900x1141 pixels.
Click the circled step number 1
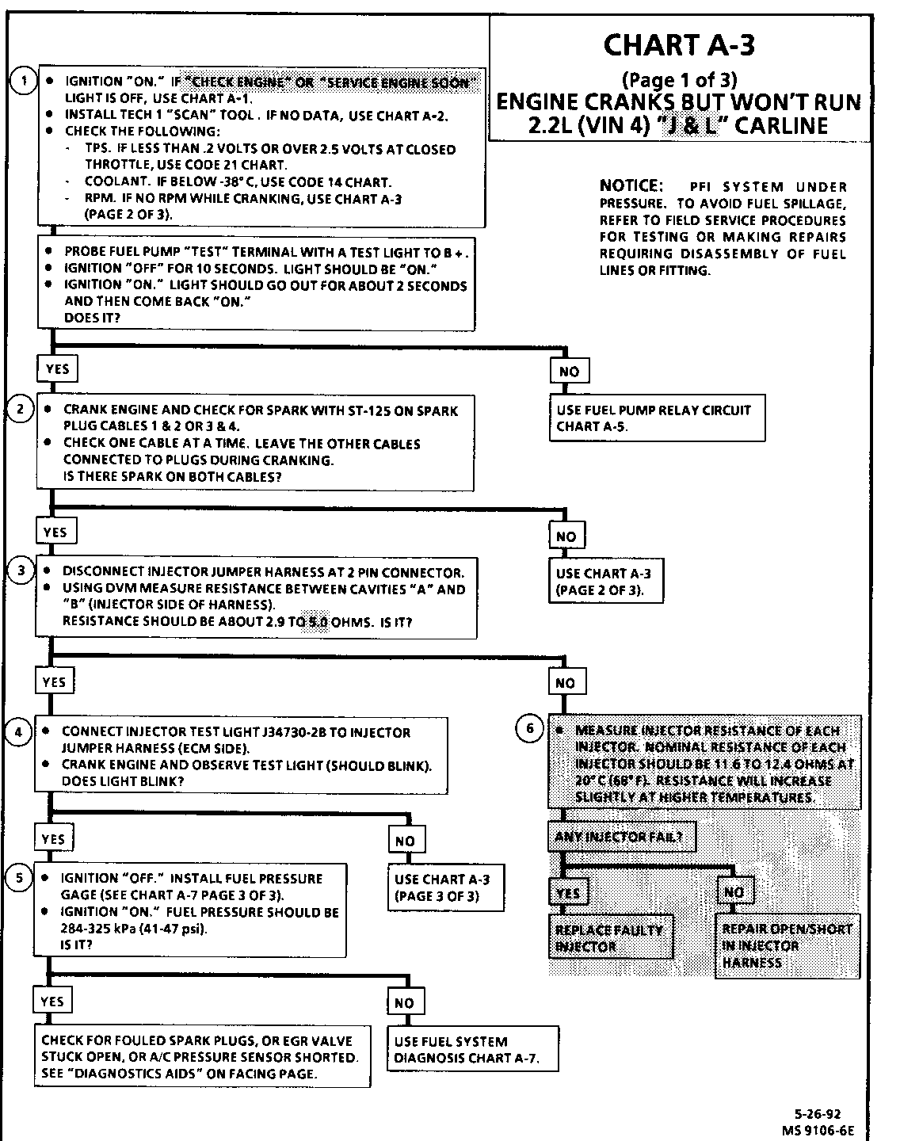click(25, 81)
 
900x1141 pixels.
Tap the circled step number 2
click(21, 409)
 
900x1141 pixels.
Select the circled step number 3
click(21, 570)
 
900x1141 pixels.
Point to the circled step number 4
click(19, 731)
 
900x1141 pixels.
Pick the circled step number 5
click(18, 877)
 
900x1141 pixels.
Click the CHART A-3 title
click(678, 44)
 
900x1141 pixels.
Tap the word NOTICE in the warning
click(631, 186)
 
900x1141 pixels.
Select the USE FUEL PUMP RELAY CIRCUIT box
click(657, 418)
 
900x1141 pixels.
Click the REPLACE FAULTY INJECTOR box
click(611, 937)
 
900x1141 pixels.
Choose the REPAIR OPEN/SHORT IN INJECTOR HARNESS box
click(787, 946)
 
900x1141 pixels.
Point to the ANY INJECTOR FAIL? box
click(620, 836)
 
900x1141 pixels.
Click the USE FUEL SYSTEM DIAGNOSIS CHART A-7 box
click(473, 1050)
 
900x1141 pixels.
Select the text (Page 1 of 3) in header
click(679, 79)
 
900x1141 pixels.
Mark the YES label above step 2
click(57, 368)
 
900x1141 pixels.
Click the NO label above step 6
click(565, 683)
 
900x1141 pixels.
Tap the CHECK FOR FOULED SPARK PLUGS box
click(202, 1057)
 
